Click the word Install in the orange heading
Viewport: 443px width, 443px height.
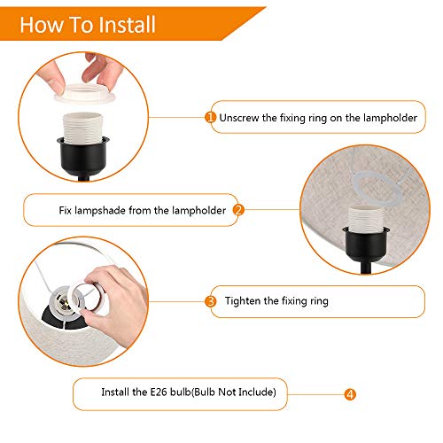point(127,25)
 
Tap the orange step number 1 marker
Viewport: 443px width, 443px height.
point(210,118)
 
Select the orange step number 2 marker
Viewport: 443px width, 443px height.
point(238,210)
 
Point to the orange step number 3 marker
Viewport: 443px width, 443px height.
point(211,301)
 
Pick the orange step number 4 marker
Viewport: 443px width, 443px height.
point(350,394)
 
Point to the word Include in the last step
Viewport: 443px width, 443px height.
point(257,392)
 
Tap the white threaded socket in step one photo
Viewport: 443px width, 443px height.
point(83,127)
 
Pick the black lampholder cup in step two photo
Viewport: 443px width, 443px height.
point(366,244)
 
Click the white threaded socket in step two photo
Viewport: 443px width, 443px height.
point(366,218)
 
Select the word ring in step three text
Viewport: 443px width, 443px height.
point(319,301)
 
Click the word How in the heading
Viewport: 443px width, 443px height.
point(41,25)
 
